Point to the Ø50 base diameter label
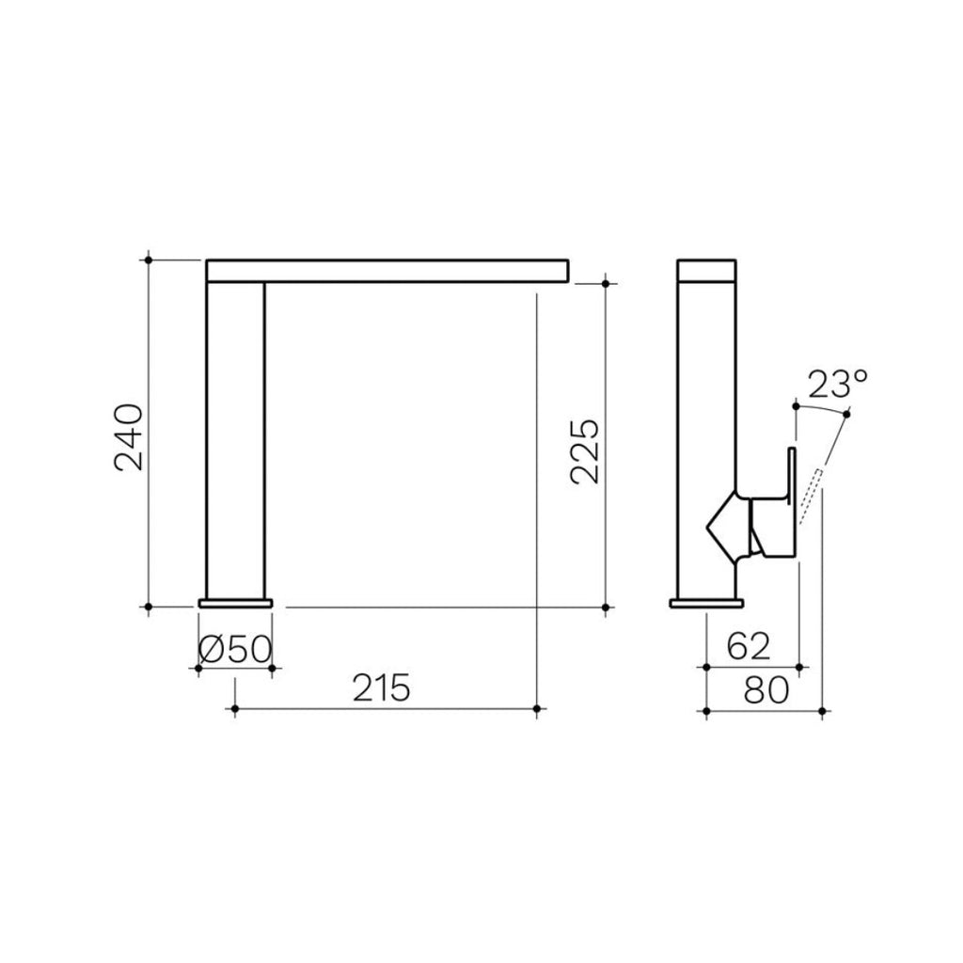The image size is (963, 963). [235, 649]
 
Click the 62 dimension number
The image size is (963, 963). [749, 647]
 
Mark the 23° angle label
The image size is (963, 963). [837, 385]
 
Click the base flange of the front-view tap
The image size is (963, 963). [235, 602]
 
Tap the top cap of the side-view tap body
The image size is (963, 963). [707, 269]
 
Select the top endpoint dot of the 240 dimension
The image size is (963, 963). [149, 258]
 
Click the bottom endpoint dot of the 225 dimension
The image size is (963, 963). [605, 608]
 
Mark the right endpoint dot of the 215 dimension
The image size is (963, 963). [536, 708]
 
